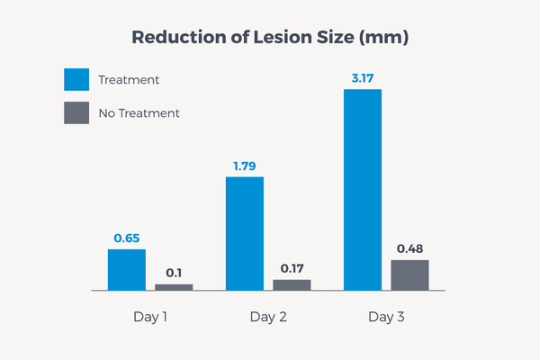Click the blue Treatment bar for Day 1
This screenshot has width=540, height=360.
127,270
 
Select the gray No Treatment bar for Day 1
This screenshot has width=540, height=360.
174,287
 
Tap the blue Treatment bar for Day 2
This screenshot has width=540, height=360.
245,234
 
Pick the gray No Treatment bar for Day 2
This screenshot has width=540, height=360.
292,285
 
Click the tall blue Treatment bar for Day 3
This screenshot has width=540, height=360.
363,190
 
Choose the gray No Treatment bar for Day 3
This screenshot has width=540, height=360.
409,275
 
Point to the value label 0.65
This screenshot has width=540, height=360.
127,238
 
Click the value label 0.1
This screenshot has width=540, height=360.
174,273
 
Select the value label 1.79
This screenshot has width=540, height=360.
245,166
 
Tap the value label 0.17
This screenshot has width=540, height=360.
292,268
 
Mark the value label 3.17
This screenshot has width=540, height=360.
363,78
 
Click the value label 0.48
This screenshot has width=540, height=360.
409,248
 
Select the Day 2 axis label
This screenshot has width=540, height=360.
268,318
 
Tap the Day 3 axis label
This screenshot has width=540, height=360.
386,318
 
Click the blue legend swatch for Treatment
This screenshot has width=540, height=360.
76,79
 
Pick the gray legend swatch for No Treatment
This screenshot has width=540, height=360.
76,113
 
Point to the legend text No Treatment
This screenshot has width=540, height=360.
139,113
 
